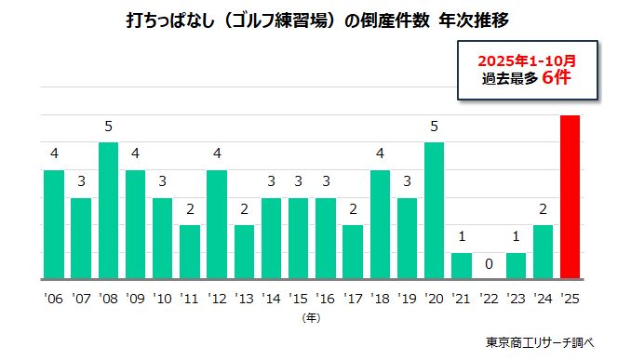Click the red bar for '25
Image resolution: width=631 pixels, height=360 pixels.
tap(570, 197)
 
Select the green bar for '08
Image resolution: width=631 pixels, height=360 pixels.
tap(109, 211)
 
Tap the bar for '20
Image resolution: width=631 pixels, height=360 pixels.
tap(434, 211)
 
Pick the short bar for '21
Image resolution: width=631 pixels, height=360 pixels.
tap(462, 266)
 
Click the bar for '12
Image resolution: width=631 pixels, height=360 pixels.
tap(217, 224)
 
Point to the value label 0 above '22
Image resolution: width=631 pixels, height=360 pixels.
tap(489, 264)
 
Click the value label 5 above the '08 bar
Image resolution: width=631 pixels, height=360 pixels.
tap(109, 127)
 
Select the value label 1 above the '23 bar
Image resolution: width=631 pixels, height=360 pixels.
tap(516, 236)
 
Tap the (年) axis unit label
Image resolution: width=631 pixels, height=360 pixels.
tap(312, 316)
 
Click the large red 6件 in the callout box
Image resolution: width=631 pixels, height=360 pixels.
tap(557, 78)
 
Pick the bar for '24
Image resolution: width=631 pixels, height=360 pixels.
tap(543, 252)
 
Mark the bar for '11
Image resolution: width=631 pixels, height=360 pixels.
tap(190, 252)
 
